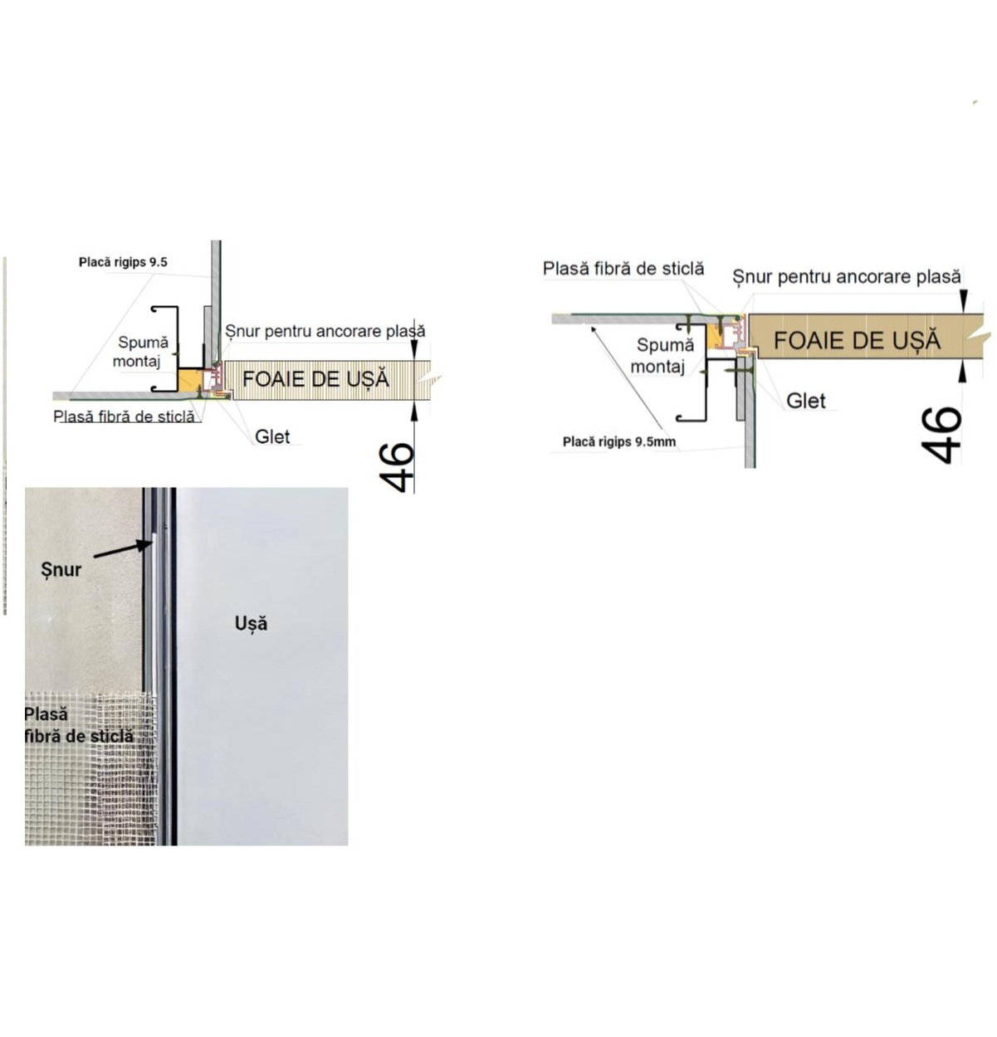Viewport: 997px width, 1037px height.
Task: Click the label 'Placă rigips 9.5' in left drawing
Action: (123, 262)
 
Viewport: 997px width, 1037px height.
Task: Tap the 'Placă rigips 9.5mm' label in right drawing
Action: (619, 442)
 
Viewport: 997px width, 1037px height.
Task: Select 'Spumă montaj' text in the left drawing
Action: (140, 352)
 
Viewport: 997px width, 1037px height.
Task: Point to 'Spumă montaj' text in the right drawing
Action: (662, 355)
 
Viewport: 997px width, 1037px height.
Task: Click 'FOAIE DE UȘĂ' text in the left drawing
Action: (315, 379)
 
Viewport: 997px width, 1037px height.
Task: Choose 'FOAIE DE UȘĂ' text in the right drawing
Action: (857, 340)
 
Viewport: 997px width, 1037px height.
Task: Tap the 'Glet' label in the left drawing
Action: (272, 436)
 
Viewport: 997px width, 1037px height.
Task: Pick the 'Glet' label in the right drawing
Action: (805, 401)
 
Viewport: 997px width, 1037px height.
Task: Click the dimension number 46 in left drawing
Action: (395, 467)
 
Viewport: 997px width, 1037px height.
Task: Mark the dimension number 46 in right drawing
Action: (941, 435)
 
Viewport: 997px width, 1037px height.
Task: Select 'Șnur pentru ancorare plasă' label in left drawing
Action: (325, 331)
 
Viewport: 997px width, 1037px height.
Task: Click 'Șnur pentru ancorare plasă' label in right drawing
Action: (847, 276)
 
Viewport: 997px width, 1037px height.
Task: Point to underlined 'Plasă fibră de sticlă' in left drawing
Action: (124, 416)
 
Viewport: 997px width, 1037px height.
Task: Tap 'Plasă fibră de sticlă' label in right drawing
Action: (623, 268)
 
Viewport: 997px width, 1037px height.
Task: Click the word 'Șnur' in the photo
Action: (61, 570)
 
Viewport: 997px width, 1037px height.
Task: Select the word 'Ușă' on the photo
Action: (251, 623)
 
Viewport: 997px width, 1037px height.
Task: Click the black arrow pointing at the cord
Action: (123, 549)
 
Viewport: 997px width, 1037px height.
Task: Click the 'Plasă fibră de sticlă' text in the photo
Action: (78, 725)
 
